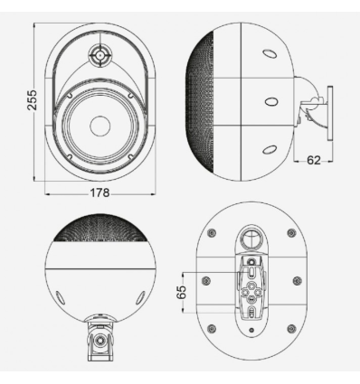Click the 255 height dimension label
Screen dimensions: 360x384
(33, 99)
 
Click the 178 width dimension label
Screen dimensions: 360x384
(99, 192)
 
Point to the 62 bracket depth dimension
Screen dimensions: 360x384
(314, 160)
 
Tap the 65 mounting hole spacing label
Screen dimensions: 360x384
(181, 292)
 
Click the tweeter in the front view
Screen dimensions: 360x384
(99, 55)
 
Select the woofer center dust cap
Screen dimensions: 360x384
(99, 126)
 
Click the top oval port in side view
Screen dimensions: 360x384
(270, 53)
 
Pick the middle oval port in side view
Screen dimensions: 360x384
(271, 101)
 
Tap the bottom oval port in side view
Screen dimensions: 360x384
(270, 149)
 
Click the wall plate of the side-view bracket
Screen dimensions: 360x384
(330, 113)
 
